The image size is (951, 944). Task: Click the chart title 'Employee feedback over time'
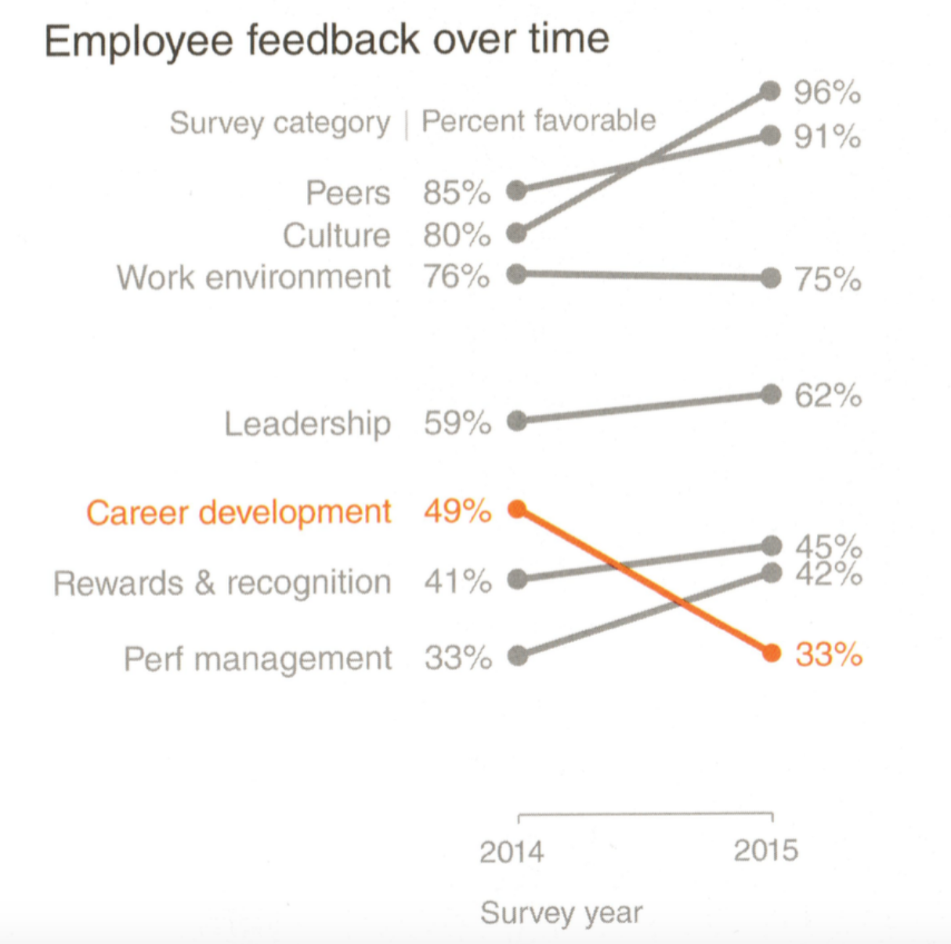[x=326, y=41]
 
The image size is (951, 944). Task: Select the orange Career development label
[x=238, y=513]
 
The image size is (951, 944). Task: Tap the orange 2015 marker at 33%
[x=772, y=653]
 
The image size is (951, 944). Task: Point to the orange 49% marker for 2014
[x=517, y=510]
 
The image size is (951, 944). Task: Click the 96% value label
[x=827, y=93]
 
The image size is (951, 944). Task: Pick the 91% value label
[x=827, y=137]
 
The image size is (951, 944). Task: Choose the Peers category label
[x=348, y=193]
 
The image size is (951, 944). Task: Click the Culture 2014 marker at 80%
[x=516, y=233]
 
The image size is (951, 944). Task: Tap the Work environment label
[x=254, y=278]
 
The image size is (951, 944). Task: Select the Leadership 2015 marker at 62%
[x=772, y=394]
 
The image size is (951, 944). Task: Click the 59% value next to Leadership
[x=457, y=423]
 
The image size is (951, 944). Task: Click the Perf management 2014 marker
[x=517, y=655]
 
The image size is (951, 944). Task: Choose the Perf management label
[x=258, y=659]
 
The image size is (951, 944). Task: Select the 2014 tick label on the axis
[x=512, y=851]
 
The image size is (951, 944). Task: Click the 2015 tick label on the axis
[x=765, y=851]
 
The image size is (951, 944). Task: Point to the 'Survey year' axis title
[x=561, y=913]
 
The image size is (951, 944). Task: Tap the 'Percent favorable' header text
[x=538, y=122]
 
